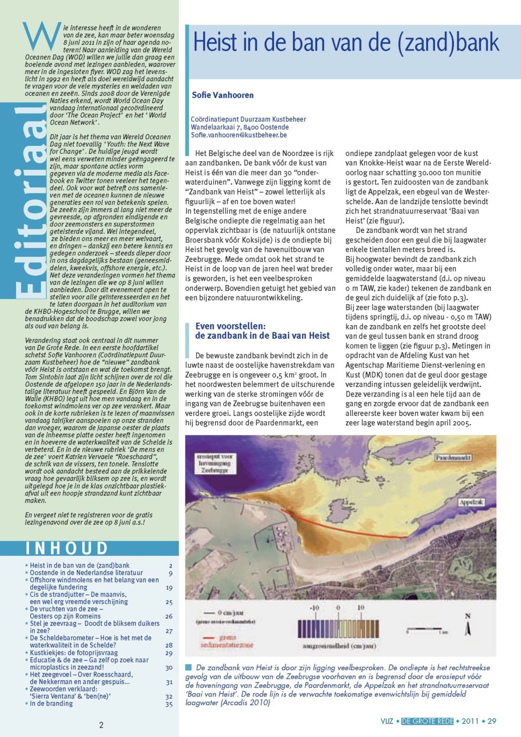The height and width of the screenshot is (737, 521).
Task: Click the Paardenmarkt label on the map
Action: click(x=453, y=458)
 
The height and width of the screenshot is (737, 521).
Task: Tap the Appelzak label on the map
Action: click(x=471, y=502)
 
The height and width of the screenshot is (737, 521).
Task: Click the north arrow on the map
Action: click(x=467, y=625)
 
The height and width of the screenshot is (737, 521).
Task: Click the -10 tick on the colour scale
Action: click(x=315, y=608)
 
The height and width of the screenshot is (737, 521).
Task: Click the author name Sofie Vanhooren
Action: click(x=222, y=95)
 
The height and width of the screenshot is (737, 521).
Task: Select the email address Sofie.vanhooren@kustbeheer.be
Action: click(x=239, y=135)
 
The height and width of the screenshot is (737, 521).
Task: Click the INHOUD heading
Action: click(x=67, y=548)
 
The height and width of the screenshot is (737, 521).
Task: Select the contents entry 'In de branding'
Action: click(x=51, y=703)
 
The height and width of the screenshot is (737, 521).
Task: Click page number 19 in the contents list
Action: click(x=169, y=587)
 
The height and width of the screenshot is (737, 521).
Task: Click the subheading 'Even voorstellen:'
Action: click(x=230, y=326)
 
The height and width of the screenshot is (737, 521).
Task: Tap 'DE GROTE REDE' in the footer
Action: click(x=427, y=721)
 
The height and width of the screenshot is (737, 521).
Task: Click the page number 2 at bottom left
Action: click(x=101, y=724)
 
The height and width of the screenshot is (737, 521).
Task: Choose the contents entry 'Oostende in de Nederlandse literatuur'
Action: click(x=86, y=573)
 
